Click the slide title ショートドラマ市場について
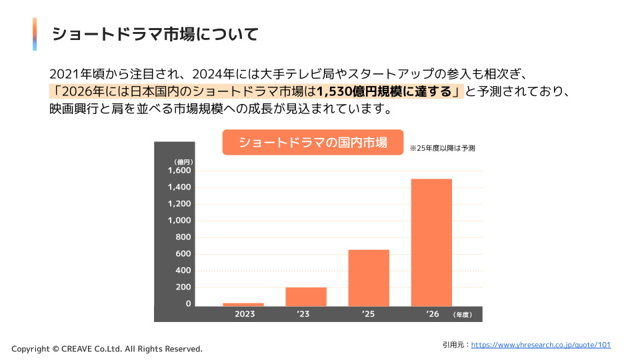(155, 34)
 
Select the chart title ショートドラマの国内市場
(313, 142)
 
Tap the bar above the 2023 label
(243, 304)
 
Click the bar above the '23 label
(306, 297)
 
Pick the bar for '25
(369, 278)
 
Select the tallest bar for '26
(431, 243)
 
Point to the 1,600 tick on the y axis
(179, 170)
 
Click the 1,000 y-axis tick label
(179, 220)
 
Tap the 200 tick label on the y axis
(183, 287)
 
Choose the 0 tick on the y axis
(188, 304)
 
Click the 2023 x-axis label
(244, 314)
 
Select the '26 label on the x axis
(432, 314)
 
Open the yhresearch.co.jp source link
(541, 345)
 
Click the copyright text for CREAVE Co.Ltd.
(107, 349)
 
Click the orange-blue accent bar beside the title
(35, 34)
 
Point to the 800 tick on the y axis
(183, 237)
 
